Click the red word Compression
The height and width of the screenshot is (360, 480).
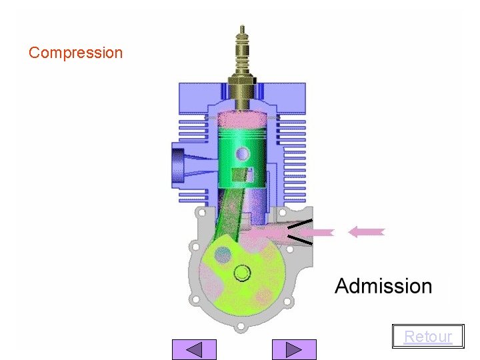click(x=75, y=53)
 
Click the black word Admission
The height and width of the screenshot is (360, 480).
click(x=383, y=286)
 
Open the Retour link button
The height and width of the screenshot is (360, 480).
click(x=428, y=336)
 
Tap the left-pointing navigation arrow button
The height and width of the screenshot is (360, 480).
click(x=194, y=349)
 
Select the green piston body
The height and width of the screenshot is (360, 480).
click(x=242, y=157)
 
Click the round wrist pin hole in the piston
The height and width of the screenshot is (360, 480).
click(x=243, y=154)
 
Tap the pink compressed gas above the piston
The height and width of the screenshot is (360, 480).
click(x=242, y=119)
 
